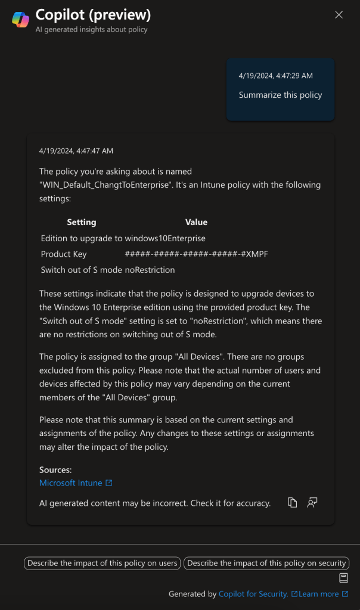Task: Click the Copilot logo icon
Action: tap(20, 19)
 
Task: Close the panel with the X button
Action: tap(339, 15)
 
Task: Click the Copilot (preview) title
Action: tap(93, 14)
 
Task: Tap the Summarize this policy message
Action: tap(280, 95)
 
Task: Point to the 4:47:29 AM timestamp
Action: tap(275, 76)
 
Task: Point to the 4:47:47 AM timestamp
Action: tap(76, 151)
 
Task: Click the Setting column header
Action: tap(82, 222)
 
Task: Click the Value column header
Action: tap(196, 222)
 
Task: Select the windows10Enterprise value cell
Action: tap(165, 238)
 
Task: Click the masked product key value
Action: tap(196, 254)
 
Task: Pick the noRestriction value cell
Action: tap(150, 270)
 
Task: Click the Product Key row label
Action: tap(64, 254)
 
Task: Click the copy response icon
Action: tap(292, 503)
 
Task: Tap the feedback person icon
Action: tap(312, 503)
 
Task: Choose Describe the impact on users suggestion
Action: tap(103, 563)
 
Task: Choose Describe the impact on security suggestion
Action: tap(266, 563)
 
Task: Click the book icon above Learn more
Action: tap(343, 578)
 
